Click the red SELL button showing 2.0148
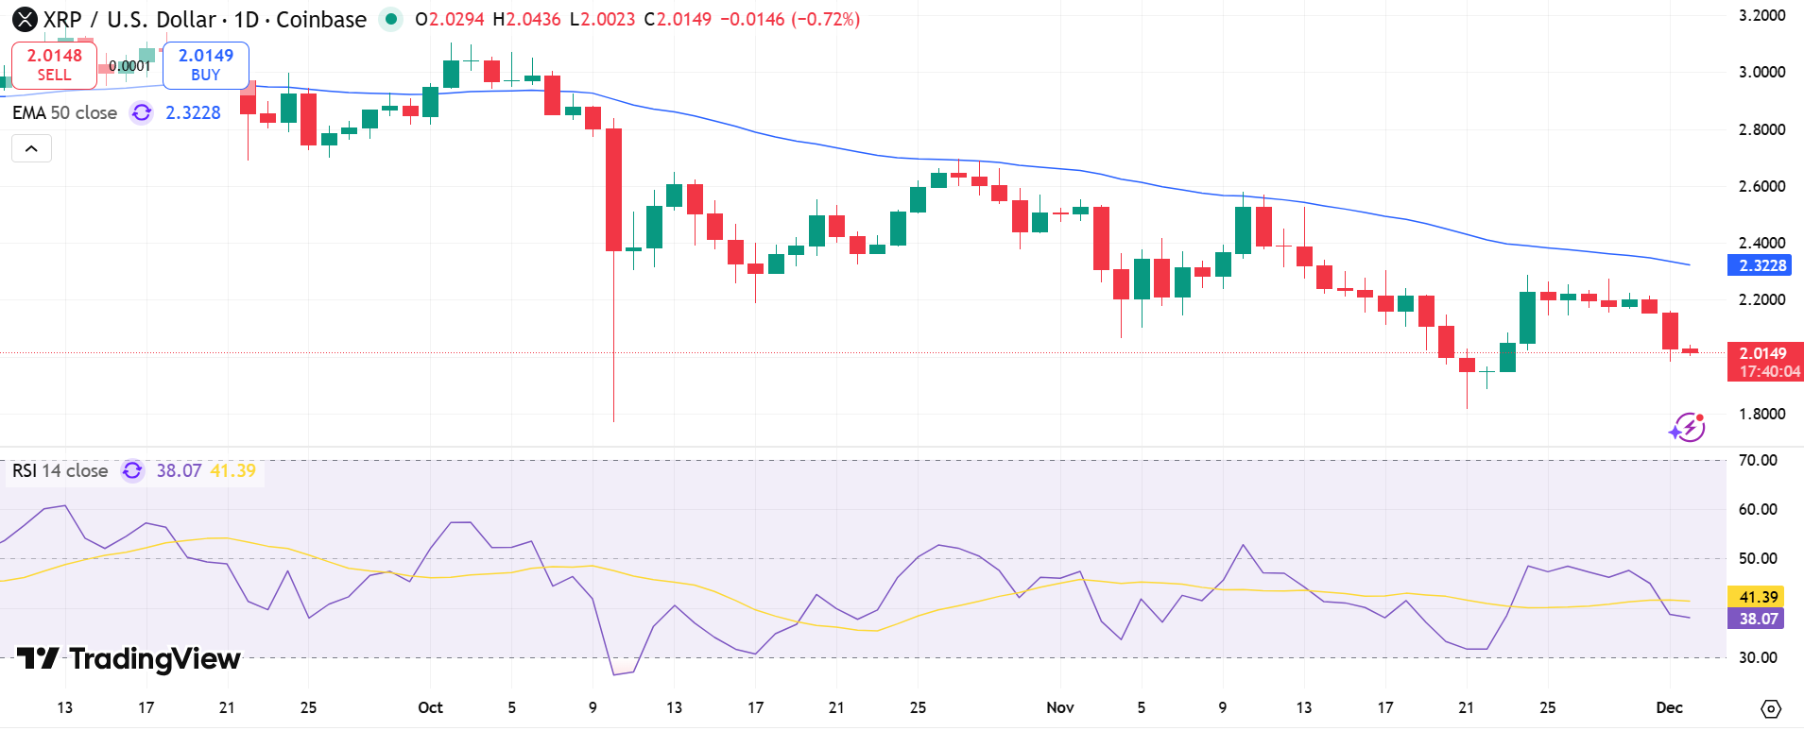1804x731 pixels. [54, 64]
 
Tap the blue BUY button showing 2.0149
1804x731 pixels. [205, 64]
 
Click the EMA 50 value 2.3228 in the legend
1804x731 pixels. [193, 112]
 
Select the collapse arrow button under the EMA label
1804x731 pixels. [31, 148]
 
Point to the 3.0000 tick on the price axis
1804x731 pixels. [1761, 72]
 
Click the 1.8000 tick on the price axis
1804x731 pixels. [1761, 414]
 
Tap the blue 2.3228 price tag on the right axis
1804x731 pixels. [1761, 265]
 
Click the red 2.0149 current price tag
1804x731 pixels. [1763, 353]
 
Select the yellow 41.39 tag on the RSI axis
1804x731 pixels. [1758, 597]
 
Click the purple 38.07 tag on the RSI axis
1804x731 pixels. [1758, 619]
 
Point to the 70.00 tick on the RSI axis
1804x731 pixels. [1758, 460]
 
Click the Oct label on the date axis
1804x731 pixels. [430, 707]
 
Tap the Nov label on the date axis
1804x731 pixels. [1059, 707]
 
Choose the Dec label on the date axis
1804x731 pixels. [1669, 707]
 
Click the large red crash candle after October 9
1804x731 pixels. [613, 190]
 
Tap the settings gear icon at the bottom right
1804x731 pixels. [1771, 708]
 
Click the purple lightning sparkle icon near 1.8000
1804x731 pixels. [1687, 428]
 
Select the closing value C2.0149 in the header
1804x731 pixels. [678, 19]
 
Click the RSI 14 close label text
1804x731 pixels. [60, 470]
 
